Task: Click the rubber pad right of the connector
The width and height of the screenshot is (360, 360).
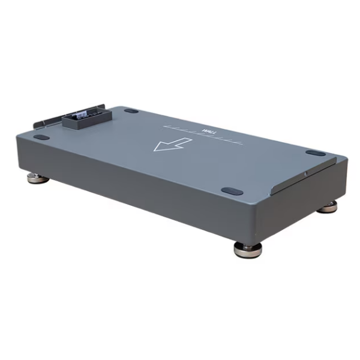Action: pos(132,110)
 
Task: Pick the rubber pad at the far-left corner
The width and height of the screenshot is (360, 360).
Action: pos(41,137)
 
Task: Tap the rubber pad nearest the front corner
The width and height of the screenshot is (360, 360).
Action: pos(230,191)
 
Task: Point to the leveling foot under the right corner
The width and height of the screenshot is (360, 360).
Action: pos(327,207)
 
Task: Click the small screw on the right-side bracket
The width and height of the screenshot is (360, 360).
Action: pos(305,173)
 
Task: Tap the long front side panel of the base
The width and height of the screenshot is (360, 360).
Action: pos(138,186)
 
